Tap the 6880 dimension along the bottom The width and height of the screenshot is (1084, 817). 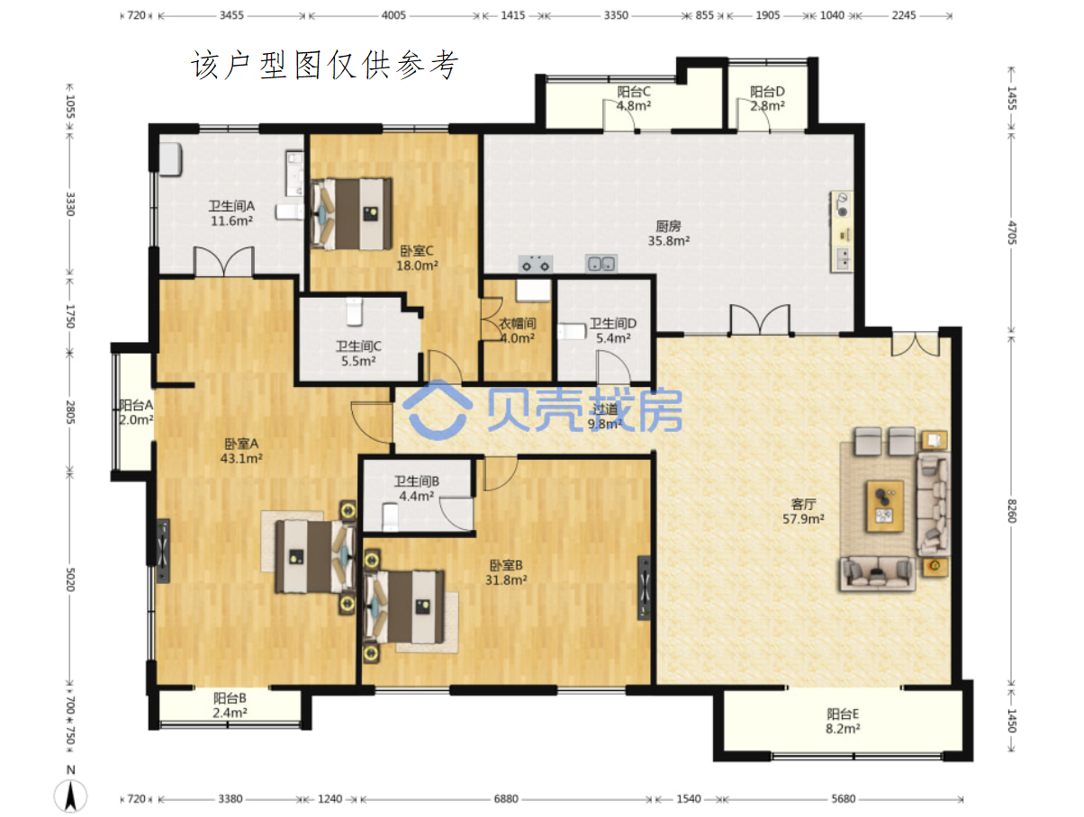(x=506, y=799)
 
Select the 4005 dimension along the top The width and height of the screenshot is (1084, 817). (x=393, y=15)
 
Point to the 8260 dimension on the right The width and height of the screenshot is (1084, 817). (x=1012, y=511)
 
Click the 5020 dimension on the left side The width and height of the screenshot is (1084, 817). (x=70, y=579)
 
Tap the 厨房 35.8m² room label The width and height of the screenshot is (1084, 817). (x=668, y=233)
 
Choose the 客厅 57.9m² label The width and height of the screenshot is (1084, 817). (x=803, y=511)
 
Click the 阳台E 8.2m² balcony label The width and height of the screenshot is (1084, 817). (x=843, y=721)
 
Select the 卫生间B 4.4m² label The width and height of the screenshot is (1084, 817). (x=416, y=489)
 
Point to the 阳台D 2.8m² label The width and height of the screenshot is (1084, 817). (x=767, y=98)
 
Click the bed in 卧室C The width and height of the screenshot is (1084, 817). (x=351, y=214)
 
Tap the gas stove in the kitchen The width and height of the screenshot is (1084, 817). (x=536, y=264)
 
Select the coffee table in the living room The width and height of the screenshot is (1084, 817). (x=884, y=507)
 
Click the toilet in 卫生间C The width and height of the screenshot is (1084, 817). (x=354, y=311)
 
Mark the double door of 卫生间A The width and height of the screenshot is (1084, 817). (x=223, y=262)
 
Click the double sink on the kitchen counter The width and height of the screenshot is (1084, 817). (x=601, y=264)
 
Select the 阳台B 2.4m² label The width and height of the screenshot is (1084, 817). (x=230, y=705)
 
